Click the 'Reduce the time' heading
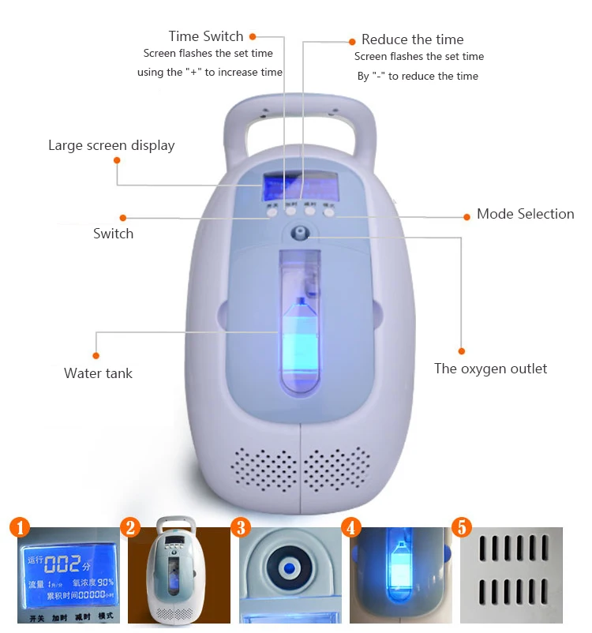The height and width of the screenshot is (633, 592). tap(412, 39)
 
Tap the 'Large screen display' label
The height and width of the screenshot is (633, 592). tap(111, 145)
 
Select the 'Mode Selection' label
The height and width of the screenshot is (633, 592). tap(525, 214)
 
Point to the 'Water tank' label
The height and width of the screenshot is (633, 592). tap(98, 373)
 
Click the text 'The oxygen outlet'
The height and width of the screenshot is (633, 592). tap(490, 369)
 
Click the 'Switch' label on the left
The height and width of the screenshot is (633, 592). tap(113, 234)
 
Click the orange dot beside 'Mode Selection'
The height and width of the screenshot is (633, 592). tap(463, 215)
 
